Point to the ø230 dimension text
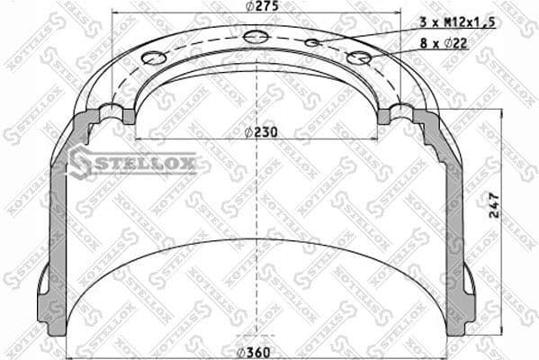261,131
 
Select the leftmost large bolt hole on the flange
155,58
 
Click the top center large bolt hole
256,36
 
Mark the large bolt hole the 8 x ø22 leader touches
359,58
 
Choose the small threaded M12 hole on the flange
312,42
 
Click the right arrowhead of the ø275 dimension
396,15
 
